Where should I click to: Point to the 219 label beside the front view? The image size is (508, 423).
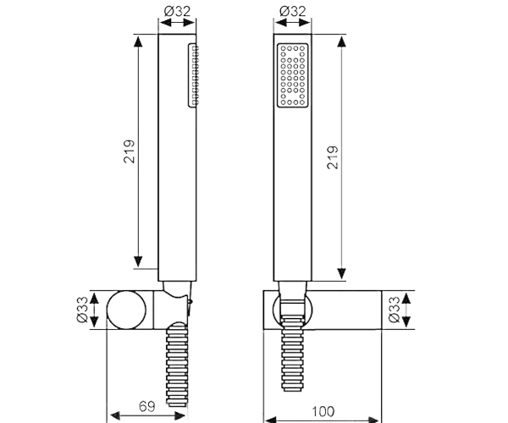coord(333,158)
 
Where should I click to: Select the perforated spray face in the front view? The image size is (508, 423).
coord(291,76)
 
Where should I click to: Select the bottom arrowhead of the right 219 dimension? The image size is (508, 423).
coord(340,275)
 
